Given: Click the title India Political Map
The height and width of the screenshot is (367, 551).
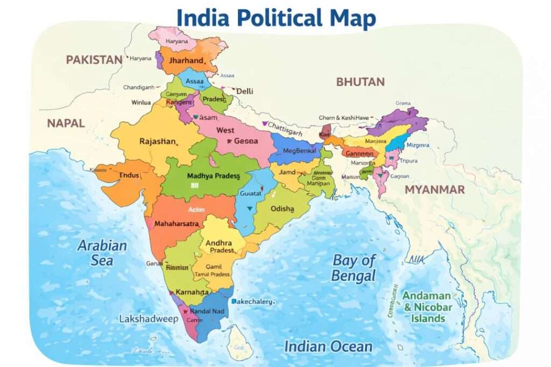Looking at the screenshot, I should (x=276, y=18).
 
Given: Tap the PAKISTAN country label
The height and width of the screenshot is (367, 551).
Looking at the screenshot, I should (x=94, y=60).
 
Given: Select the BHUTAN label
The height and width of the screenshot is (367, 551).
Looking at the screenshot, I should (x=360, y=82).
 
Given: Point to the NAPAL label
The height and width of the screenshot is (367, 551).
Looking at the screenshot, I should (x=66, y=123).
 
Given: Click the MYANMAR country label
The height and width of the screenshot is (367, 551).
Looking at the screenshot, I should (x=434, y=189).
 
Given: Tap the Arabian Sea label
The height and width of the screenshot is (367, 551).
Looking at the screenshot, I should (x=102, y=253).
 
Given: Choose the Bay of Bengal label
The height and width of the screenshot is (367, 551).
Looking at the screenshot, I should (x=354, y=268).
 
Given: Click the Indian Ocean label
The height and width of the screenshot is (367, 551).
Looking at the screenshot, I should (x=328, y=347).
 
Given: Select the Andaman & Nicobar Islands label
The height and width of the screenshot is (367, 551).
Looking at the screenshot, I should (x=427, y=307).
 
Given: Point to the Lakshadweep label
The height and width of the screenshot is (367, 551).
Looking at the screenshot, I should (x=148, y=319).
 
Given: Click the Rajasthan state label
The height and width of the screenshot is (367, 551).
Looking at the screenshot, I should (x=158, y=142).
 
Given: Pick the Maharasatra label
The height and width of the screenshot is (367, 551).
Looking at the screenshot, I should (x=177, y=223).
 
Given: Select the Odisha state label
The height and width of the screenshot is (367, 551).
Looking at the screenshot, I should (x=282, y=209).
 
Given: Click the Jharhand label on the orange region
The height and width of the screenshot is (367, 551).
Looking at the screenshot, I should (x=186, y=61).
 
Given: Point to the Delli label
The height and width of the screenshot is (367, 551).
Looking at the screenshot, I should (x=244, y=91).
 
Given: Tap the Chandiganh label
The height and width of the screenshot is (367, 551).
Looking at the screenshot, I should (x=138, y=87).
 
